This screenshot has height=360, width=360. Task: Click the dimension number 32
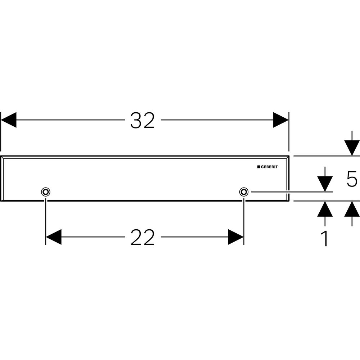point(143,120)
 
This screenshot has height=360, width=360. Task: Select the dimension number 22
point(143,238)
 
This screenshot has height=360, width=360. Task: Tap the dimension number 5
point(352,179)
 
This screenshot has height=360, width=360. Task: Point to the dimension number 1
point(325,239)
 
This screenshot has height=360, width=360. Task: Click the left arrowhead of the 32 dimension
point(9,120)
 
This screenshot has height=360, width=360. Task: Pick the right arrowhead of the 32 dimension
point(281,120)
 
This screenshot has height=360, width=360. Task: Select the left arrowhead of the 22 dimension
point(54,237)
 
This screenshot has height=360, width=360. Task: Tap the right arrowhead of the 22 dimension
point(236,237)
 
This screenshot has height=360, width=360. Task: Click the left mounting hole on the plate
point(45,192)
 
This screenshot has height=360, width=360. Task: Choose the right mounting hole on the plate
point(244,192)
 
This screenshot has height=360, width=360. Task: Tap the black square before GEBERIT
point(258,167)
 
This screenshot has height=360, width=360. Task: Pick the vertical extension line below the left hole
point(45,220)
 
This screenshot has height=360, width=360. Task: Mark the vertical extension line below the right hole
point(244,220)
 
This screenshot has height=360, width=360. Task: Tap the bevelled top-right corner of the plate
point(287,158)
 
